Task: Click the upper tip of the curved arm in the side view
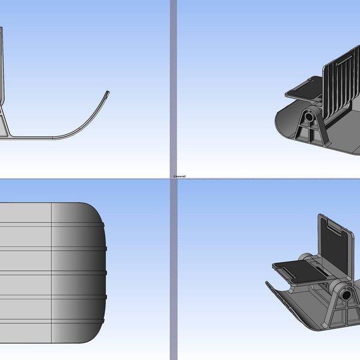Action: click(x=108, y=92)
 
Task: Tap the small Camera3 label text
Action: click(x=179, y=176)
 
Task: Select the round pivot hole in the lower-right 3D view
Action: click(x=346, y=296)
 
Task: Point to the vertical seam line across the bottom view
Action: click(x=52, y=273)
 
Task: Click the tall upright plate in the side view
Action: click(x=2, y=66)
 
